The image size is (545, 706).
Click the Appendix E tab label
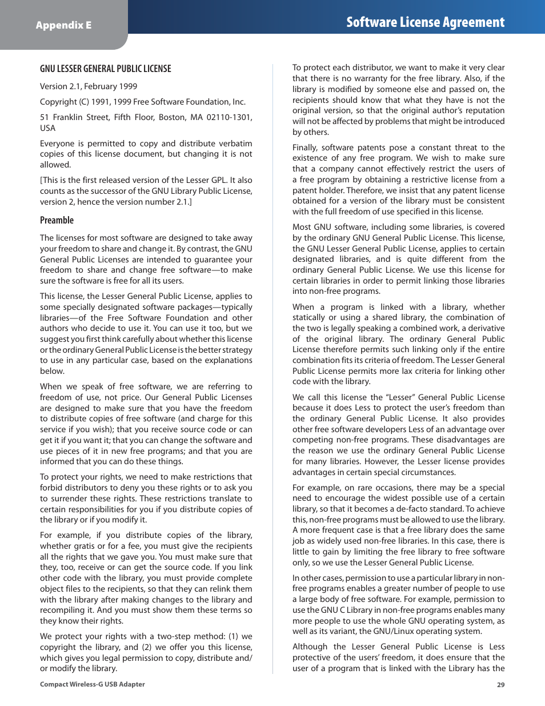63,25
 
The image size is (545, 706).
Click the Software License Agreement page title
425,22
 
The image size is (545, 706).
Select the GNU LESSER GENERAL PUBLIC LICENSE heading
105,69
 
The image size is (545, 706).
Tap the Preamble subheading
57,220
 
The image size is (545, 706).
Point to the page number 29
500,685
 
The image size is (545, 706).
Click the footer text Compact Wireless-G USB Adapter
92,684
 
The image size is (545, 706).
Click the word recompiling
63,611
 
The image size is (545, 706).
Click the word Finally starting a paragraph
304,147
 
